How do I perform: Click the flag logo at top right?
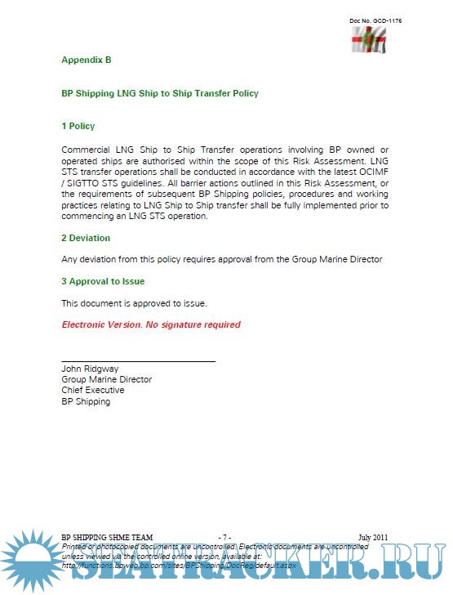tap(369, 39)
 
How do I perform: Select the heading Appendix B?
tap(86, 60)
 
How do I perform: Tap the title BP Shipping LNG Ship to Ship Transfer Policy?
tap(160, 93)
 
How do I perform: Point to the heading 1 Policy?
tap(78, 126)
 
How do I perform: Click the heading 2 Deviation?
tap(86, 238)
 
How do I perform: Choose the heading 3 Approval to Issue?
tap(103, 281)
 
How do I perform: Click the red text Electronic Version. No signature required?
tap(151, 324)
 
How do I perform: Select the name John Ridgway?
tap(90, 369)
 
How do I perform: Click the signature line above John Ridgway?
tap(139, 360)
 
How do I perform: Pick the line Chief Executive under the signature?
tap(93, 390)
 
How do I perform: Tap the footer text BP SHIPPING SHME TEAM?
tap(107, 537)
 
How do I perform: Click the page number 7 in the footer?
tap(225, 537)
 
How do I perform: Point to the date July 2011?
tap(373, 537)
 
